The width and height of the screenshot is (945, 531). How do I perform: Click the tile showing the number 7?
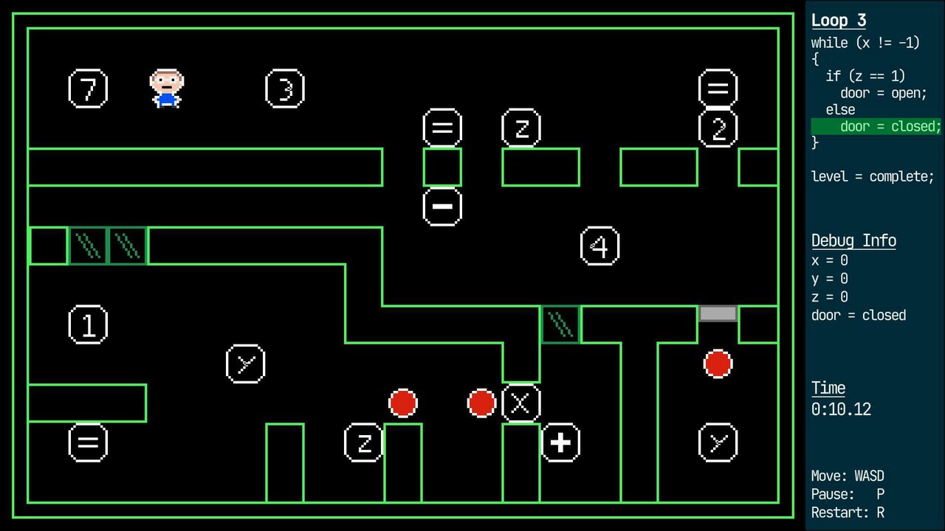pyautogui.click(x=88, y=88)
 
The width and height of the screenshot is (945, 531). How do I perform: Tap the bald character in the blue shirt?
pyautogui.click(x=166, y=88)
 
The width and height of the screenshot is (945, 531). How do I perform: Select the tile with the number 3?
pyautogui.click(x=285, y=88)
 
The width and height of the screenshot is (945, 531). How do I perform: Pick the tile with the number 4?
pyautogui.click(x=599, y=246)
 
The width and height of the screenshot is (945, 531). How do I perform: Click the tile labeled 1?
pyautogui.click(x=88, y=324)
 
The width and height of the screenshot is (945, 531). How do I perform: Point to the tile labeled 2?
pyautogui.click(x=718, y=128)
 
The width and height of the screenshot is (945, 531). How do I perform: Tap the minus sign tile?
pyautogui.click(x=442, y=206)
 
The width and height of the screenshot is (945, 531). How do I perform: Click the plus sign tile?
pyautogui.click(x=560, y=442)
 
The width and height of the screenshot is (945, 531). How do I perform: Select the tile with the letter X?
pyautogui.click(x=520, y=403)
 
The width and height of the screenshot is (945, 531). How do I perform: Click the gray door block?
pyautogui.click(x=718, y=314)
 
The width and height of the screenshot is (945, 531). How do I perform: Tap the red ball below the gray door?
pyautogui.click(x=718, y=364)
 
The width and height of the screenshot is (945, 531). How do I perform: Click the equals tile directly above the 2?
pyautogui.click(x=718, y=88)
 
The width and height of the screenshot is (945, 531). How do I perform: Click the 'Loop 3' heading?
pyautogui.click(x=839, y=21)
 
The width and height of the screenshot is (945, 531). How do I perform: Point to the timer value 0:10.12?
pyautogui.click(x=841, y=409)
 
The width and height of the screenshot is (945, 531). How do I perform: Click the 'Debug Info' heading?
pyautogui.click(x=853, y=240)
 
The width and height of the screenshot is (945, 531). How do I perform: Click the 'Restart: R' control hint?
pyautogui.click(x=848, y=512)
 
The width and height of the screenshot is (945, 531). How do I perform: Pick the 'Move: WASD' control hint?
pyautogui.click(x=848, y=476)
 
